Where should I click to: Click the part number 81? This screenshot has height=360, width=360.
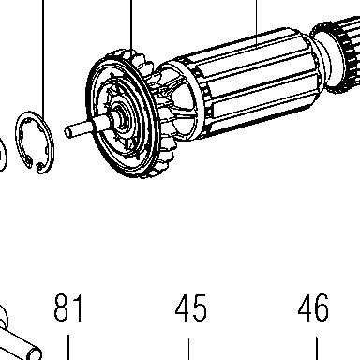click(x=68, y=307)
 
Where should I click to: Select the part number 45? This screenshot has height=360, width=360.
click(x=190, y=307)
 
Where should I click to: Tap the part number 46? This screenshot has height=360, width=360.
click(x=313, y=307)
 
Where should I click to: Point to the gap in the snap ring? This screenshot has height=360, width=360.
click(x=34, y=165)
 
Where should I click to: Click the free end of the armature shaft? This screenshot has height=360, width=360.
click(x=67, y=131)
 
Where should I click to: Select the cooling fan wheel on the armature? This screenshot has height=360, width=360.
click(x=125, y=114)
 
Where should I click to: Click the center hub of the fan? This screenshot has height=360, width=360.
click(x=120, y=120)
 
